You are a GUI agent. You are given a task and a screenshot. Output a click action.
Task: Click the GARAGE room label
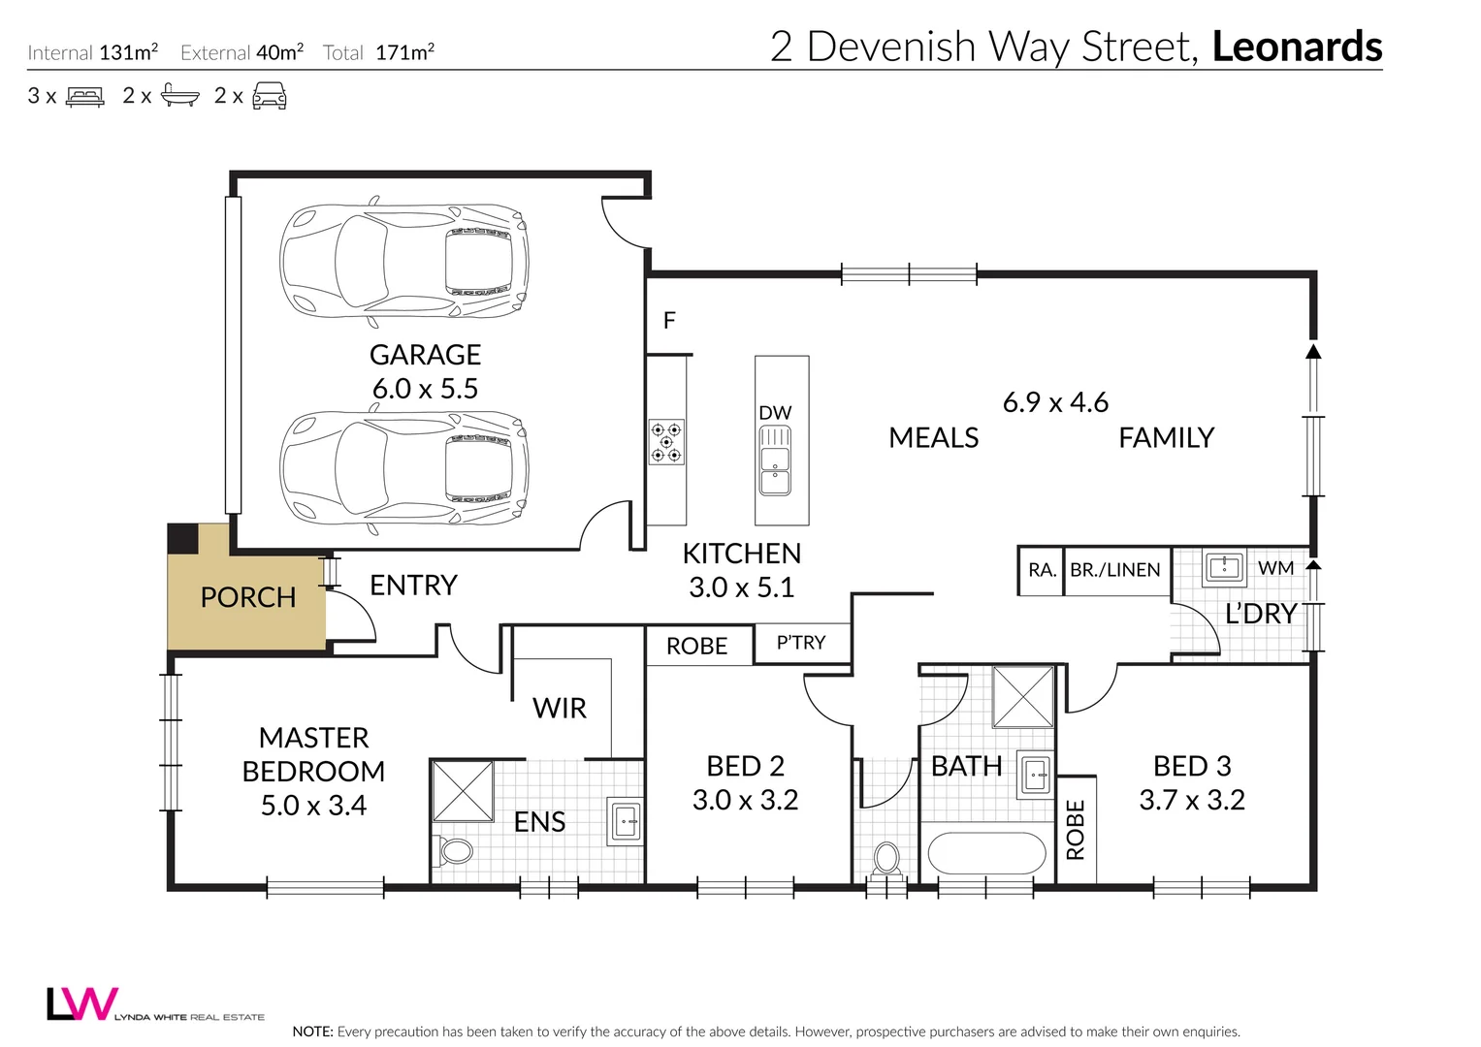tap(425, 355)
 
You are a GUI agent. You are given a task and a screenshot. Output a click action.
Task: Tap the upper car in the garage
tap(403, 262)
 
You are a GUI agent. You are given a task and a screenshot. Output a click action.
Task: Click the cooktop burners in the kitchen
tap(666, 442)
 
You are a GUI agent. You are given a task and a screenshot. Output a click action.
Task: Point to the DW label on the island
tap(775, 413)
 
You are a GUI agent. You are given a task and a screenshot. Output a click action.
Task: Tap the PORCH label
tap(248, 597)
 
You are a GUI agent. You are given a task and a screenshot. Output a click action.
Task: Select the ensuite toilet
tap(454, 851)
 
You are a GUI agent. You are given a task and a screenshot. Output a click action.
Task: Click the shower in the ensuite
tap(463, 791)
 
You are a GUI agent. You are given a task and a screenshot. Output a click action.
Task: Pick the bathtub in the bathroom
tap(986, 854)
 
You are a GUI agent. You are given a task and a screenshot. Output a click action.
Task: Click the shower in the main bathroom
tap(1022, 696)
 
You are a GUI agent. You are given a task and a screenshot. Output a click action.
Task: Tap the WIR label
tap(560, 709)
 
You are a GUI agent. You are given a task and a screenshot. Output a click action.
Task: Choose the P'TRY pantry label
tap(801, 643)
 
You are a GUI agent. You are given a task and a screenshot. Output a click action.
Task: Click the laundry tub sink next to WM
tap(1224, 566)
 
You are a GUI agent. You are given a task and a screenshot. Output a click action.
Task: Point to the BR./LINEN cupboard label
tap(1114, 570)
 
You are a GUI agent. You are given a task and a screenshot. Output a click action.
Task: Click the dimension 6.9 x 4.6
tap(1055, 402)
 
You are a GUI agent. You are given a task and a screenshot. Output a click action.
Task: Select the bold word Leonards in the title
tap(1297, 47)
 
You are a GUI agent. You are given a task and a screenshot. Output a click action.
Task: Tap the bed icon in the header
tap(85, 96)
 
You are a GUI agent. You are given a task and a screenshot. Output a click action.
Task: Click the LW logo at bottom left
tap(82, 1003)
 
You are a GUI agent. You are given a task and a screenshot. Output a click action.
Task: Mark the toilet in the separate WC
tap(886, 858)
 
